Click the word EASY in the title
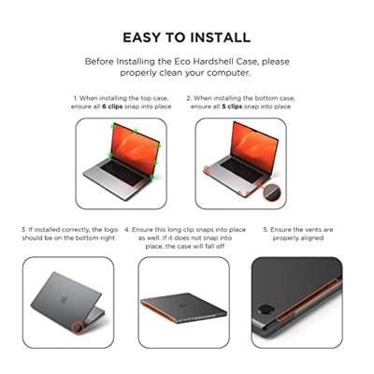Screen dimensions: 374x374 click(x=143, y=38)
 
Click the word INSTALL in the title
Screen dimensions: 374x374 click(x=219, y=38)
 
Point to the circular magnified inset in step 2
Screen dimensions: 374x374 click(x=271, y=191)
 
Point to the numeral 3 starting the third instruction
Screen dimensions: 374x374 click(x=24, y=229)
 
